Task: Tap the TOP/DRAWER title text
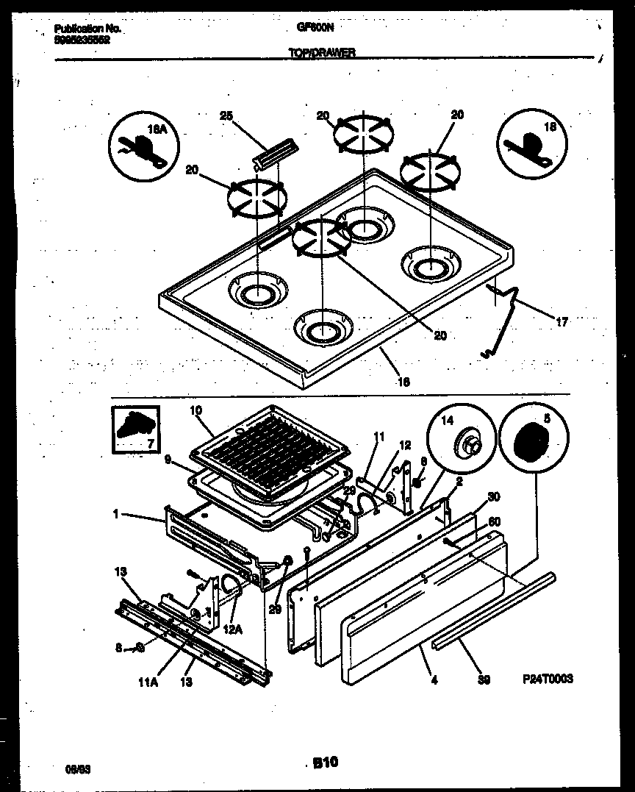click(323, 53)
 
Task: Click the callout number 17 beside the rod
click(562, 321)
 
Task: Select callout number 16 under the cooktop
click(403, 382)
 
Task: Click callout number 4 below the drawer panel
click(434, 681)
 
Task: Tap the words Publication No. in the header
click(87, 29)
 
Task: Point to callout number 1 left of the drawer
click(115, 515)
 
